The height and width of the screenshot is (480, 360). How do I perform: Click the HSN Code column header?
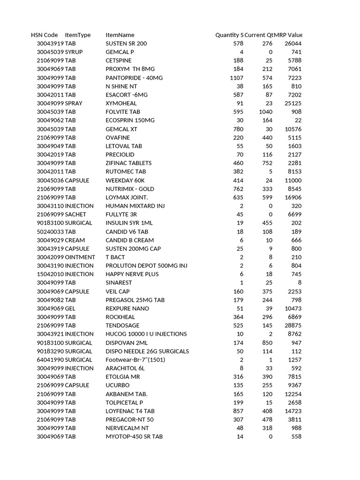coord(45,35)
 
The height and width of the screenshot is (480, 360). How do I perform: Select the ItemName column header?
coord(120,35)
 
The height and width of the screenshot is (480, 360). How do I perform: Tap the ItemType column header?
coord(78,35)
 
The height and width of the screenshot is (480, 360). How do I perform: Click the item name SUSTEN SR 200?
coord(126,44)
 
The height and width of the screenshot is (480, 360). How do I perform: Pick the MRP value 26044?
coord(293,44)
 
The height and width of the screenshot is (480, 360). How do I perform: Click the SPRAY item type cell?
coord(74,103)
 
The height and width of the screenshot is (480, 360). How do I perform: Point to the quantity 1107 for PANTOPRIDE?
coord(237,78)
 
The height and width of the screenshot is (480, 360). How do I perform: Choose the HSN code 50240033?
coord(50,232)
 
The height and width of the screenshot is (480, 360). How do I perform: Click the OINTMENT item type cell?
coord(80,257)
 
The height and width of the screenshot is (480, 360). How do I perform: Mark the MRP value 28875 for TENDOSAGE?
coord(293,325)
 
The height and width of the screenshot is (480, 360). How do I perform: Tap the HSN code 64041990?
coord(50,360)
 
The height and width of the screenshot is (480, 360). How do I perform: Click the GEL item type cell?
coord(70,308)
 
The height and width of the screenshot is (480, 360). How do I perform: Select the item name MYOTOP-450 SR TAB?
coord(134,436)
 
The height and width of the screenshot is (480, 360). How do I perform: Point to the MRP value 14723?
coord(293,411)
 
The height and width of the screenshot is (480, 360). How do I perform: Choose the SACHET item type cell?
coord(75,214)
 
